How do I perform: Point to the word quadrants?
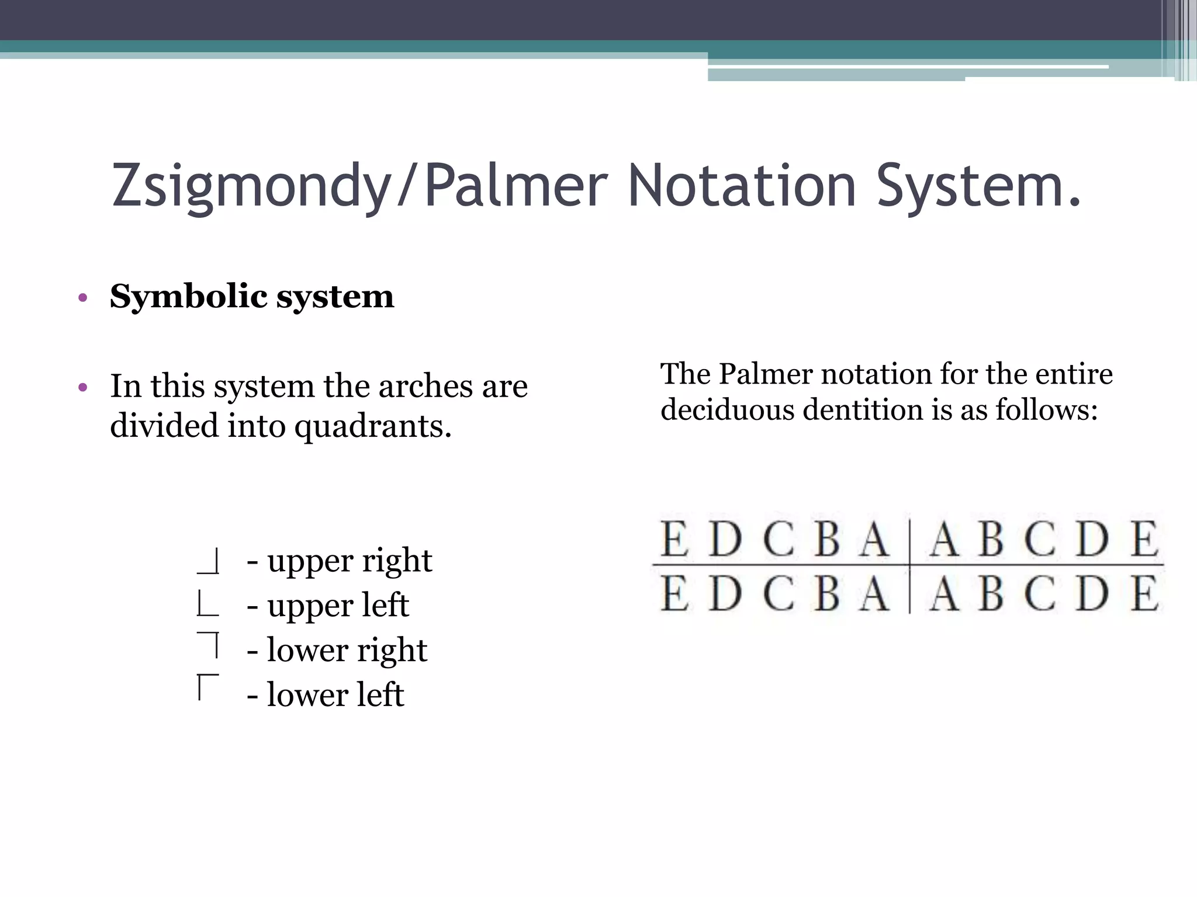point(372,426)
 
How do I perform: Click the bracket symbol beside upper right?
point(209,561)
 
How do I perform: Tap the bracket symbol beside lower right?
point(209,645)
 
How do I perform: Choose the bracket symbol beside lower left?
point(208,687)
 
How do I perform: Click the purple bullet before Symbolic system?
point(82,298)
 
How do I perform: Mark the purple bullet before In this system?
point(82,388)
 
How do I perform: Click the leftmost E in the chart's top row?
point(674,540)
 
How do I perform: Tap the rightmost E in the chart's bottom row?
point(1145,594)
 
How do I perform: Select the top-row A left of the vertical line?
point(874,540)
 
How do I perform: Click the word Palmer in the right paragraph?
point(766,374)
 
